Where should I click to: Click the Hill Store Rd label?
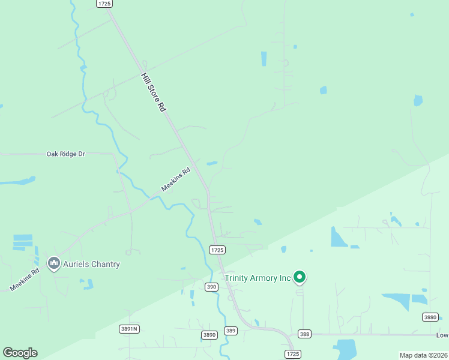153,92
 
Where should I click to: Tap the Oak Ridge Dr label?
66,154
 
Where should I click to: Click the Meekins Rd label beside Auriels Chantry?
24,279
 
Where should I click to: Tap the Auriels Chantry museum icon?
54,263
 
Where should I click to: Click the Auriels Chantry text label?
92,264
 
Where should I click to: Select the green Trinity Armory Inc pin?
300,277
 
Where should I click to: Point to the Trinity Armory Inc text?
258,278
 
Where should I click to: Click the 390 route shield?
211,287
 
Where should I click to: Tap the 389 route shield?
231,331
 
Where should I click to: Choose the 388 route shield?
304,334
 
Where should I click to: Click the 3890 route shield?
209,335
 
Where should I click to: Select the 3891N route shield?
129,328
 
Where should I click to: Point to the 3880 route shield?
430,317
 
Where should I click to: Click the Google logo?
20,353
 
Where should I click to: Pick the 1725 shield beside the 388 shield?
292,354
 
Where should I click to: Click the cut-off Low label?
442,335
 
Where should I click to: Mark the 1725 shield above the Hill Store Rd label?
104,4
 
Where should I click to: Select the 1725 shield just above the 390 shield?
217,250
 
